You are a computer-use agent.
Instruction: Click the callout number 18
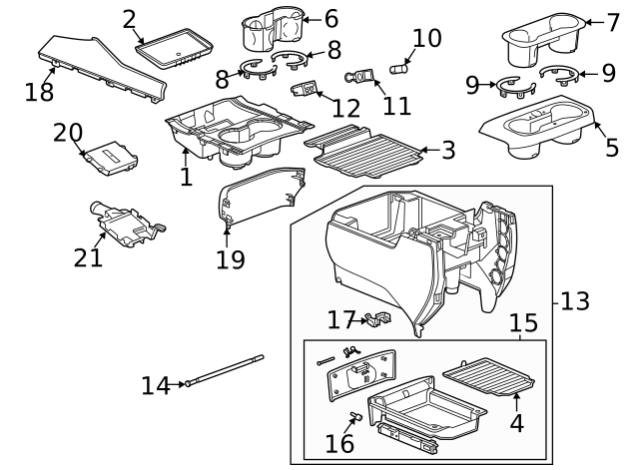39,92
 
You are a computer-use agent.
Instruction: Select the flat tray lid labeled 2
176,49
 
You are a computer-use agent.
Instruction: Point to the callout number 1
186,177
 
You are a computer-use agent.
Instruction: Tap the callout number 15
524,323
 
